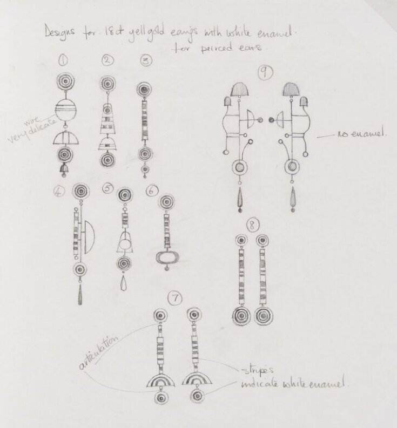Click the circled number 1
click(63, 61)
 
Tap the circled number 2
click(107, 60)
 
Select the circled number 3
click(144, 61)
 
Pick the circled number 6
click(152, 189)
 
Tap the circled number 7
click(174, 297)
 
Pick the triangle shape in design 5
click(125, 243)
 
